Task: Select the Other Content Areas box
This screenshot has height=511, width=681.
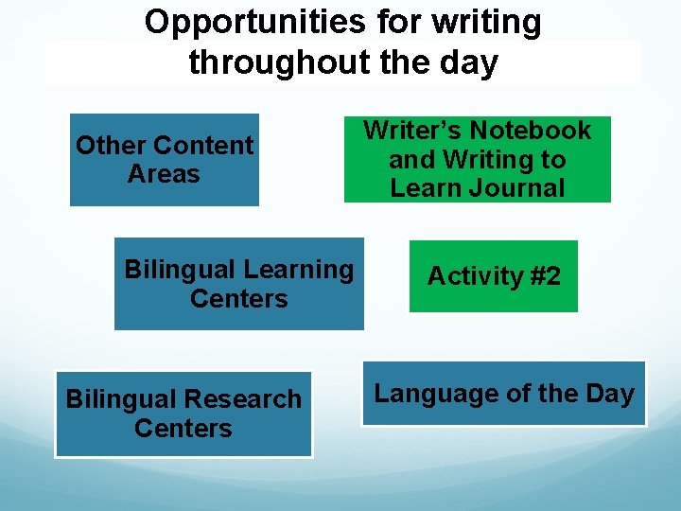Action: (164, 160)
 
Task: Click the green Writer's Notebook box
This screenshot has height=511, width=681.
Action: (477, 159)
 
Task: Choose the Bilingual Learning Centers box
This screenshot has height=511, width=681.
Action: (238, 284)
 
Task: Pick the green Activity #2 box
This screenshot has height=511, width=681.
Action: (493, 276)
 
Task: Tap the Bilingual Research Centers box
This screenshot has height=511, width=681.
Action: (183, 414)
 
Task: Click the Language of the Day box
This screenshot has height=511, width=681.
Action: (504, 394)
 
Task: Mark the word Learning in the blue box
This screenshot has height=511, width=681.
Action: (294, 270)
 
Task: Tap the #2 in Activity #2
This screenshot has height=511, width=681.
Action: (545, 276)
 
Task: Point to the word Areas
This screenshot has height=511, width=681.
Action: (164, 175)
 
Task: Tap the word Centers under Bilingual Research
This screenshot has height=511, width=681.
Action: (183, 429)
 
